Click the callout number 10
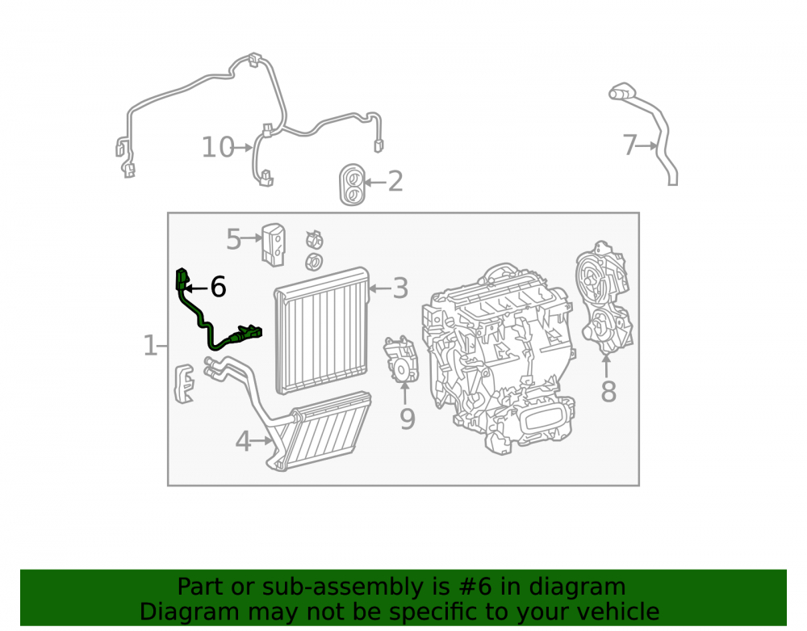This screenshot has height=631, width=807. pos(218,148)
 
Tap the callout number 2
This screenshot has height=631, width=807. pos(395,182)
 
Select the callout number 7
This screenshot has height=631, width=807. pos(630,145)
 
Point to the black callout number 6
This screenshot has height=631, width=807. pos(218,287)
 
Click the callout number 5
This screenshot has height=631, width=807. pos(234,239)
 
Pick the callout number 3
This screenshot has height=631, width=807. pos(400,288)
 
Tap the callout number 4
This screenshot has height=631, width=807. pos(244,441)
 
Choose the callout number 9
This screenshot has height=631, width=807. pos(407,419)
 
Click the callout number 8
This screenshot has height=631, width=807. pos(608,392)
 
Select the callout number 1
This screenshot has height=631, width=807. pos(150,345)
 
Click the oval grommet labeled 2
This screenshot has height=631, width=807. pos(352,186)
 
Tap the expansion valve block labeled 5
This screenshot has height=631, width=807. pos(274,245)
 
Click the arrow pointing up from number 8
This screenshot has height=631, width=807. pos(606,366)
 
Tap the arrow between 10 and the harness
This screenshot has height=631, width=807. pos(244,148)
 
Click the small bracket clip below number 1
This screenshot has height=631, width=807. pos(185,384)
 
